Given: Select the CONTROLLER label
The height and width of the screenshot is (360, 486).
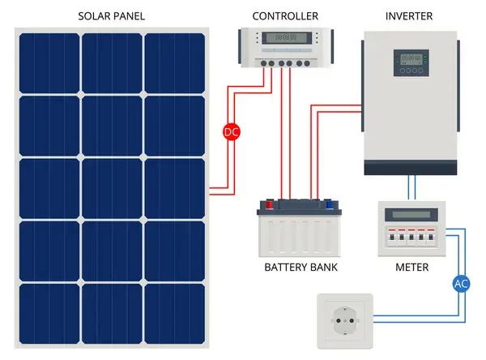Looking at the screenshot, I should (285, 15).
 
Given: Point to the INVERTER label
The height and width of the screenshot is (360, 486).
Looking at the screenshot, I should (409, 15).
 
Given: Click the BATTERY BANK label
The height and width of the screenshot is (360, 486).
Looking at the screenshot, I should (301, 267).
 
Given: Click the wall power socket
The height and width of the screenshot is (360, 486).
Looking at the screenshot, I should (343, 321).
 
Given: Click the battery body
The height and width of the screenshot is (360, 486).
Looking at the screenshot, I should (301, 235).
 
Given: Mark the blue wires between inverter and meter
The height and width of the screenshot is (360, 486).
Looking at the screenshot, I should (412, 188).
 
